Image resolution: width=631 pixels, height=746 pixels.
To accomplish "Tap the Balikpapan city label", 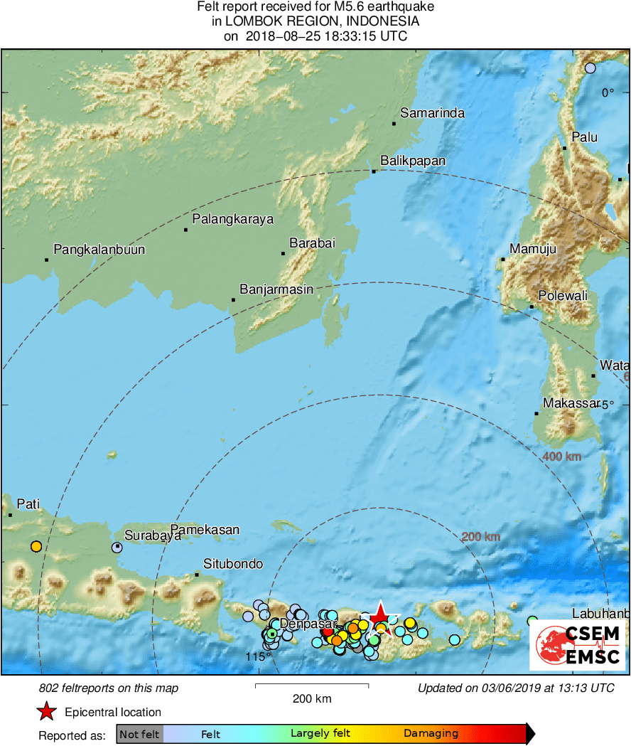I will tap(413, 161).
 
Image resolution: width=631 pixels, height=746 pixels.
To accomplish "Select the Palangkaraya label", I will tap(232, 219).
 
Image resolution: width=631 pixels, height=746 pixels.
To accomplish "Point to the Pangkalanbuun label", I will tap(99, 250).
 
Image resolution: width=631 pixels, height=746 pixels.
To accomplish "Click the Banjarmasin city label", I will tap(276, 290).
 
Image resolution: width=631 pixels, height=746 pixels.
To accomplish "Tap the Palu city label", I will tap(585, 137).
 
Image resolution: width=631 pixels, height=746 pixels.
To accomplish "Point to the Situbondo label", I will tap(233, 564).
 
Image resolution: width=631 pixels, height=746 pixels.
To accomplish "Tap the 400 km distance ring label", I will tap(561, 456).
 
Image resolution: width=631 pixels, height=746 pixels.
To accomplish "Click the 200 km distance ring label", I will tap(481, 537).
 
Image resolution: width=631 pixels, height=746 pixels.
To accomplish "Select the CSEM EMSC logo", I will tap(577, 645).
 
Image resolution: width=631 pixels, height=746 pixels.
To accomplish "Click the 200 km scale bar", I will tap(312, 686).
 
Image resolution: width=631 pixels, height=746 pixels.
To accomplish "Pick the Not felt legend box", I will tap(139, 734).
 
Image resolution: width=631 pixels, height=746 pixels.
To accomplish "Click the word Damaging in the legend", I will tap(431, 734).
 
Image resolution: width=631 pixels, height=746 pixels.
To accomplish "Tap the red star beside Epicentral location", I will tap(47, 712).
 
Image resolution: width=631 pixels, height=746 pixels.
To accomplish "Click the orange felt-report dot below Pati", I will tap(36, 547).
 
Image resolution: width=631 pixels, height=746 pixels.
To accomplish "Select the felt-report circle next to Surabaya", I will tap(117, 548).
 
